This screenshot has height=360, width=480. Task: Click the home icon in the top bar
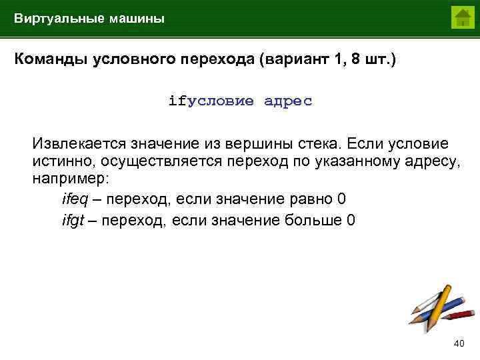[x=461, y=17]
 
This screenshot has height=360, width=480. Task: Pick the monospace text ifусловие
[x=211, y=101]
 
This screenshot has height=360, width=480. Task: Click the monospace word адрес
[x=288, y=101]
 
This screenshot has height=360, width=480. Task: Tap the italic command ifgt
[x=73, y=219]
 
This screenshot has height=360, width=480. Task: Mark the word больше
[x=318, y=219]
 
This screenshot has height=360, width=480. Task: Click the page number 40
[x=459, y=343]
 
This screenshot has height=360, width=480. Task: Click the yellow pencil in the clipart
[x=431, y=303]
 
